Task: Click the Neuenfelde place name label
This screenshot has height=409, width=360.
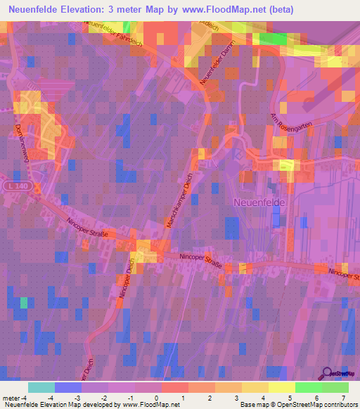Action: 259,201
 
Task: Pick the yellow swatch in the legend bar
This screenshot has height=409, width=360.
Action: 281,387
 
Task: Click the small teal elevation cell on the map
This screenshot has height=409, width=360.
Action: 24,302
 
